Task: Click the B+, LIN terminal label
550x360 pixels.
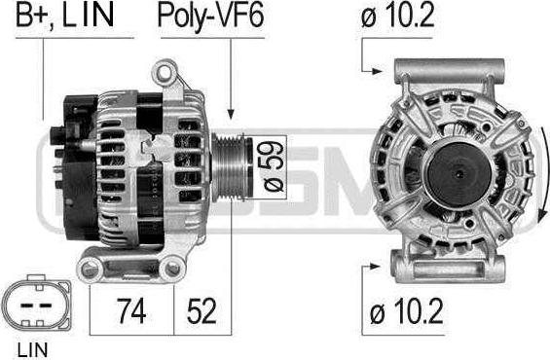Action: tap(65, 17)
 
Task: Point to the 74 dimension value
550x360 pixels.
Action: tap(129, 311)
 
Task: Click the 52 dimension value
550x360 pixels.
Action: tap(202, 311)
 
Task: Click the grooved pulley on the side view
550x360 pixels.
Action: tap(233, 166)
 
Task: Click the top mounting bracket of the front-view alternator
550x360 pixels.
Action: tap(450, 70)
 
